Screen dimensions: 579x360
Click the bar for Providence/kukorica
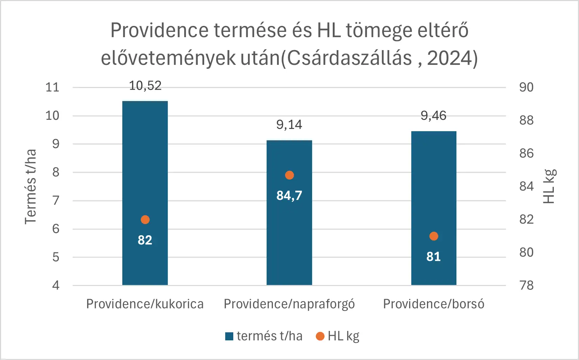145,193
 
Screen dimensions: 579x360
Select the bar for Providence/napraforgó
289,212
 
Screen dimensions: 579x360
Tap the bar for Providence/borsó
434,208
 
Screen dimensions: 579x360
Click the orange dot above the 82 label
145,220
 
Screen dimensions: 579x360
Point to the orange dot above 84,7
289,175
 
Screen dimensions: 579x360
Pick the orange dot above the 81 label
434,236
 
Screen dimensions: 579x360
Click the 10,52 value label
145,86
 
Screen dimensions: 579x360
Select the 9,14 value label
289,125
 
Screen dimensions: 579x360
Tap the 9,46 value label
434,116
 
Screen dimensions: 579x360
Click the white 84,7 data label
289,196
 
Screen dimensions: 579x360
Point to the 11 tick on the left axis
53,87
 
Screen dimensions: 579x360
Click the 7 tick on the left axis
56,201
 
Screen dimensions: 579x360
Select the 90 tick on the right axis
526,87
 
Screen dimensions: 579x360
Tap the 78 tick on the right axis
526,286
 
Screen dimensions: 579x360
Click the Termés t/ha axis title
30,187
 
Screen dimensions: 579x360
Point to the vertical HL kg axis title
550,186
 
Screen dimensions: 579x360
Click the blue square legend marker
229,337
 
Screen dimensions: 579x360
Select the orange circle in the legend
320,336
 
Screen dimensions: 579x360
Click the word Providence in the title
159,30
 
